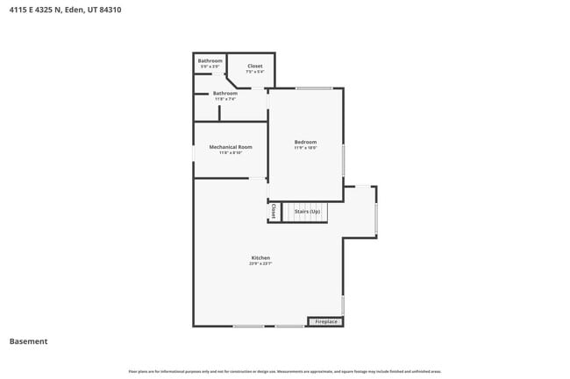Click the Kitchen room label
(260, 257)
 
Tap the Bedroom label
(305, 142)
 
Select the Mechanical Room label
(231, 147)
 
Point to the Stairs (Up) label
(307, 212)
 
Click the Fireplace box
(325, 322)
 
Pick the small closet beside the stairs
(274, 212)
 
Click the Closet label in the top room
(254, 67)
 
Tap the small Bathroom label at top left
(210, 60)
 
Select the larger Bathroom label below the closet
(225, 93)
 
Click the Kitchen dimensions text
(260, 263)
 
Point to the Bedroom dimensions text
(305, 148)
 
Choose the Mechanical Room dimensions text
(231, 153)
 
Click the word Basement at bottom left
(28, 341)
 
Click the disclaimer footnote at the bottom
(285, 371)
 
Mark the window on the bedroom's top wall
(313, 88)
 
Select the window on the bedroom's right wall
(343, 160)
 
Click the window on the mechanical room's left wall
(194, 152)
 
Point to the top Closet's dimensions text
(254, 72)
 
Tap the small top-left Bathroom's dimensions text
(210, 67)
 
